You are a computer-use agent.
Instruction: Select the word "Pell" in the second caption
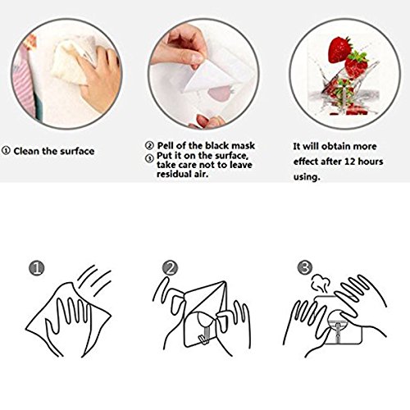click(x=165, y=145)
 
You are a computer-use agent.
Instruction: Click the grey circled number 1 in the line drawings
click(x=37, y=267)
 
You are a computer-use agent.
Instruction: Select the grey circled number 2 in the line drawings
click(x=170, y=267)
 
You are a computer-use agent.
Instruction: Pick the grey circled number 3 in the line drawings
click(x=305, y=267)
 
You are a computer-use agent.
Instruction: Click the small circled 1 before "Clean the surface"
click(x=6, y=151)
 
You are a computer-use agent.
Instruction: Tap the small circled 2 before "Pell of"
click(x=149, y=145)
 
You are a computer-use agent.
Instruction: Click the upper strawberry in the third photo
click(x=339, y=49)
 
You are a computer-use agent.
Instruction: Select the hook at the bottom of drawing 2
click(x=204, y=337)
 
